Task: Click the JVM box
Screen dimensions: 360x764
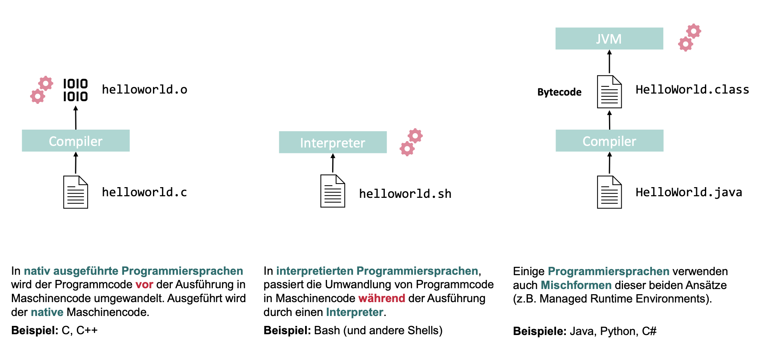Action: (609, 38)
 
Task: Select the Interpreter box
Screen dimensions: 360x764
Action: (332, 142)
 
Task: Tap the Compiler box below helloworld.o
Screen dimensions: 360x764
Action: (76, 141)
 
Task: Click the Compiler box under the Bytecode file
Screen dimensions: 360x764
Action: (609, 141)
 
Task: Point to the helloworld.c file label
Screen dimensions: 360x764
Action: (144, 192)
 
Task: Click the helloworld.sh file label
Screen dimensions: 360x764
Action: (405, 194)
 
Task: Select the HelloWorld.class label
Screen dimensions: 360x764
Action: (692, 90)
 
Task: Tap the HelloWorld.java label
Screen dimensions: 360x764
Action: (689, 192)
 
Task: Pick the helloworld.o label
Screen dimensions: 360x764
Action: (144, 90)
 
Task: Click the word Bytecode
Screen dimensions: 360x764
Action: (559, 92)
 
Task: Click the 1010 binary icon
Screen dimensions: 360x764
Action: (75, 90)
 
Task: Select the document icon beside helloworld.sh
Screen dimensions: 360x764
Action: (332, 191)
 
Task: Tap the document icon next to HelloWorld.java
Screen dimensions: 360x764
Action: (609, 192)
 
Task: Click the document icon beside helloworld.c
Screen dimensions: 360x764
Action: (75, 192)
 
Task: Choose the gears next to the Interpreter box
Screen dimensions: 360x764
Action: (411, 142)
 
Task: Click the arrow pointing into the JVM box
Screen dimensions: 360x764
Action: (609, 62)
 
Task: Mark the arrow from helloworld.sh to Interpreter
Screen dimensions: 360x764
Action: (333, 163)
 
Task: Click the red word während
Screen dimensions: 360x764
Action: (382, 298)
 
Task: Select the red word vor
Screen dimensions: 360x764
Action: (144, 285)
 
